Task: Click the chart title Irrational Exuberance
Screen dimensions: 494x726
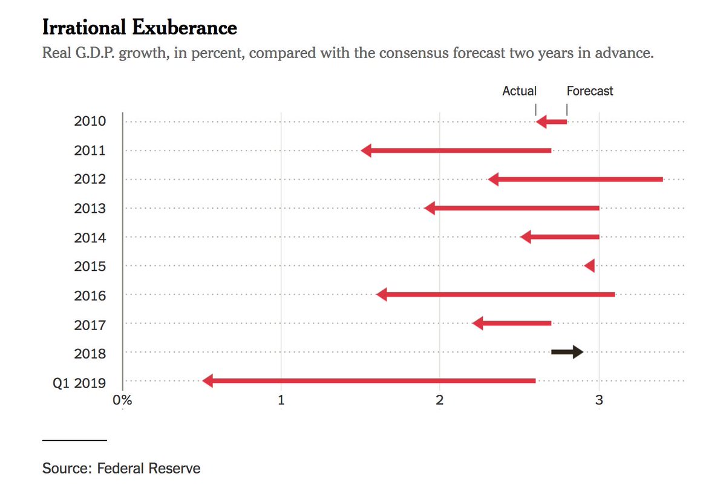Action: (139, 27)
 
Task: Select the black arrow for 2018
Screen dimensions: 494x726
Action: (567, 352)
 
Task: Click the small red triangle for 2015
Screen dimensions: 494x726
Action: (590, 266)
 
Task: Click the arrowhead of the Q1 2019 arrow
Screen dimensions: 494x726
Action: (208, 381)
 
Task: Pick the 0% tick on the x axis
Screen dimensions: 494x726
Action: (122, 400)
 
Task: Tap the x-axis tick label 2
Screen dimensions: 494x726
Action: (440, 400)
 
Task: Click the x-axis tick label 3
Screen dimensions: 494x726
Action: (599, 400)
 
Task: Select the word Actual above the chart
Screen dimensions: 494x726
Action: (519, 91)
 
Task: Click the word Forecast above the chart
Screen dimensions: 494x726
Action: (590, 91)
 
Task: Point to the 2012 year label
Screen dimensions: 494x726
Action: (90, 180)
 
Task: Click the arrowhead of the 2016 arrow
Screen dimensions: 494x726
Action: (381, 295)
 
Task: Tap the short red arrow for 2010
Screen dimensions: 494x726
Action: (551, 122)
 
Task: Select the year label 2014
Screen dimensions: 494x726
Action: (90, 238)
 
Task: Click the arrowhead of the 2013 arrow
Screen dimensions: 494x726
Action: (430, 209)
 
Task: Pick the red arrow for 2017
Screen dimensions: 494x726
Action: (511, 323)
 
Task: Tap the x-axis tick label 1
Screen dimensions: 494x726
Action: (281, 400)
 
